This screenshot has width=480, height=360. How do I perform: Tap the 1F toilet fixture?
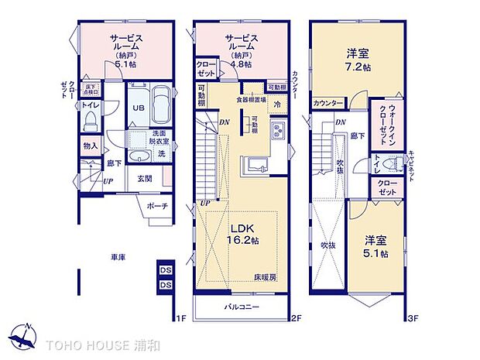click(x=89, y=120)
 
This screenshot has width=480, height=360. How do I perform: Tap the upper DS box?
click(x=164, y=269)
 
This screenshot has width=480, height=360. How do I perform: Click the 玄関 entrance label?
click(x=145, y=179)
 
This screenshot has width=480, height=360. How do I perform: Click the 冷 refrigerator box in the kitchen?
click(x=276, y=104)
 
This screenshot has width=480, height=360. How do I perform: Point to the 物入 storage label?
click(x=90, y=146)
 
